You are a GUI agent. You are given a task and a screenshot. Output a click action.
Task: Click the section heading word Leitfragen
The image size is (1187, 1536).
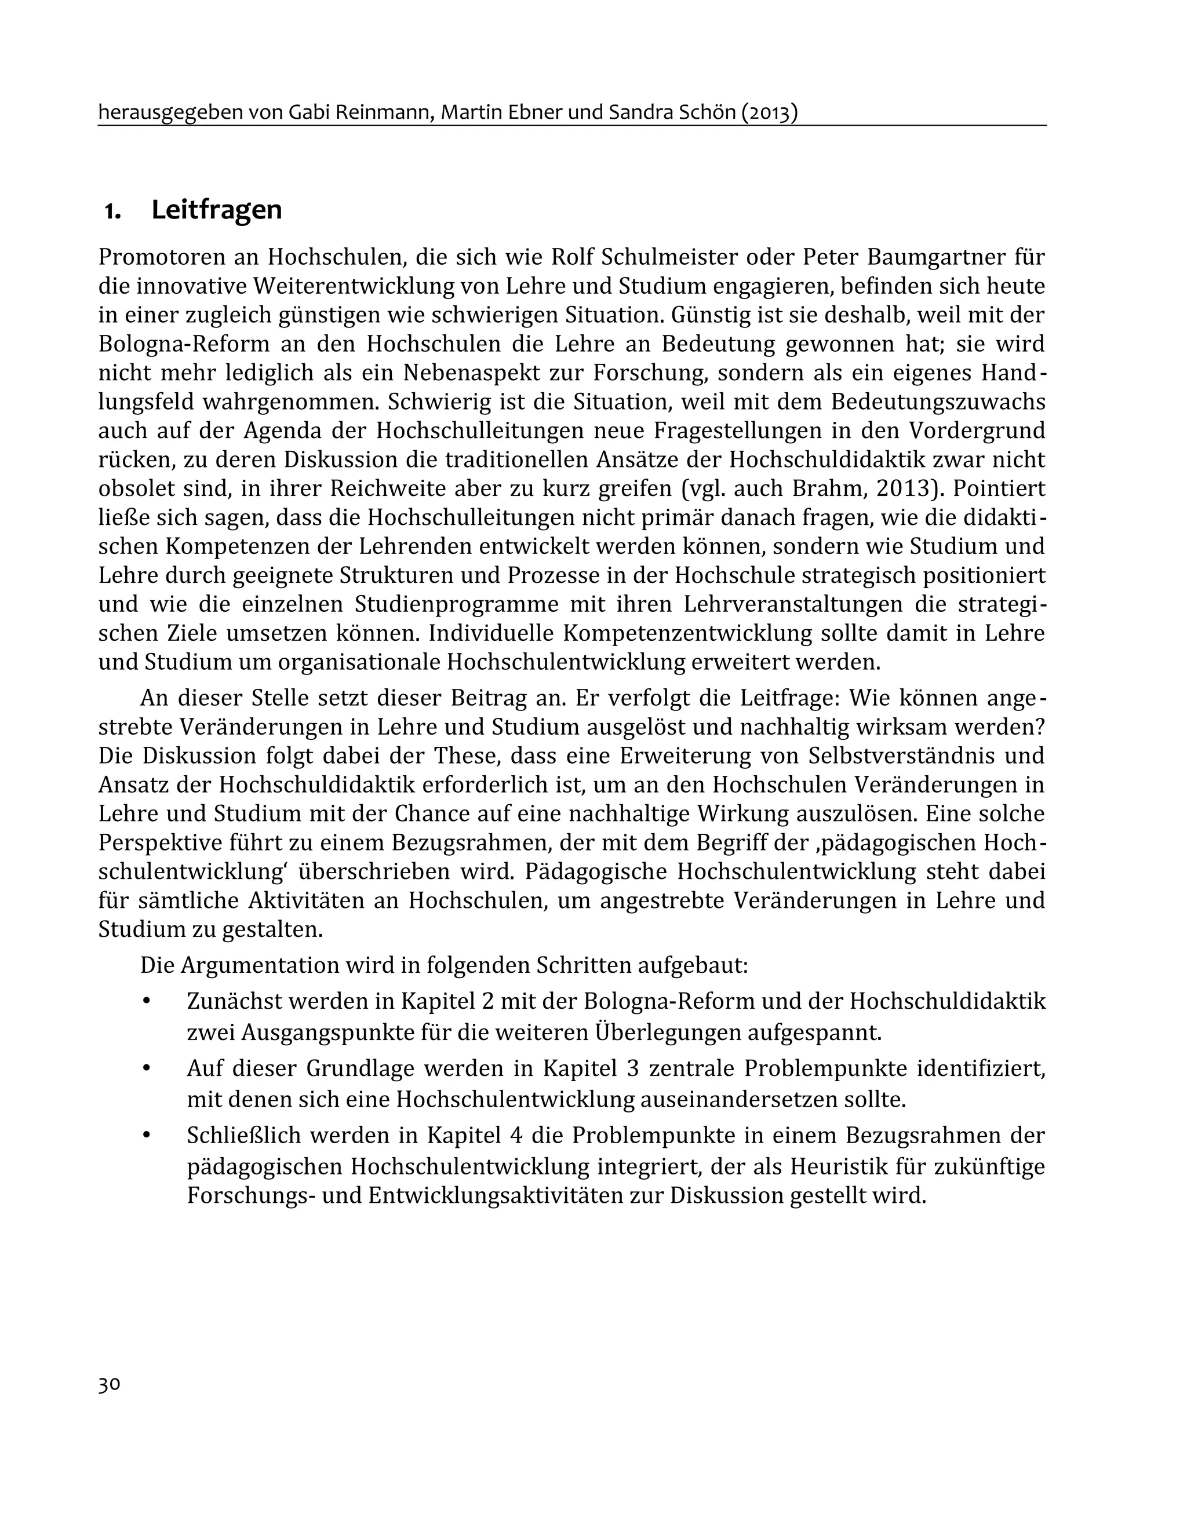[216, 210]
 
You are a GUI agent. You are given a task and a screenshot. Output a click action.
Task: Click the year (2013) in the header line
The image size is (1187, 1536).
[769, 112]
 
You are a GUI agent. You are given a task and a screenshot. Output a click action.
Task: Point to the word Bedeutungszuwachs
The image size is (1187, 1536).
[938, 402]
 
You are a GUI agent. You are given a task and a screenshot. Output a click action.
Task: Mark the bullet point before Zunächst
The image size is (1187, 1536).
[147, 1001]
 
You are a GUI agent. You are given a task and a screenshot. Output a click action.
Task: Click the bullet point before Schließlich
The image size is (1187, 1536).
[147, 1135]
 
